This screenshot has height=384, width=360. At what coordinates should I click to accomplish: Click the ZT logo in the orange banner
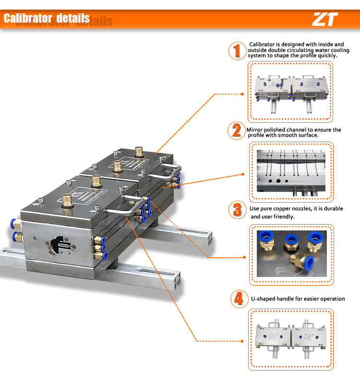[x=325, y=19]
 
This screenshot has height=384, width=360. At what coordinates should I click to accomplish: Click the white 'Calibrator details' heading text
[x=47, y=18]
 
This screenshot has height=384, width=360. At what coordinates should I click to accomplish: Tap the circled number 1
[x=237, y=51]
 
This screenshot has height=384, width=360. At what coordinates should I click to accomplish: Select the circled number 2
[x=237, y=130]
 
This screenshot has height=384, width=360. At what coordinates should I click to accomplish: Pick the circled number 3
[x=237, y=210]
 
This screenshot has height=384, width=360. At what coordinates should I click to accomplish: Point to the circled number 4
[x=239, y=299]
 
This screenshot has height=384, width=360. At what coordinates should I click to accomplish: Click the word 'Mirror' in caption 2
[x=254, y=130]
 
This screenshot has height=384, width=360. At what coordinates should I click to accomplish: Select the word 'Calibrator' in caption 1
[x=262, y=44]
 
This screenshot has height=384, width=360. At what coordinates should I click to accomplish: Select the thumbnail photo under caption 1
[x=291, y=94]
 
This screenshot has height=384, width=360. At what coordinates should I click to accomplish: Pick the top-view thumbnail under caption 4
[x=291, y=339]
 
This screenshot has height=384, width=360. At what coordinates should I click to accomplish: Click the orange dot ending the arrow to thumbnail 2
[x=243, y=174]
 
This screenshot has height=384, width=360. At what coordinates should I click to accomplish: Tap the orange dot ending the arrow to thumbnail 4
[x=242, y=341]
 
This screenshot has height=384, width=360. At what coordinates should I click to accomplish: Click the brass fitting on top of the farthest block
[x=139, y=151]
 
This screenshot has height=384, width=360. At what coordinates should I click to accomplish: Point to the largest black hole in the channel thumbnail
[x=278, y=181]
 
